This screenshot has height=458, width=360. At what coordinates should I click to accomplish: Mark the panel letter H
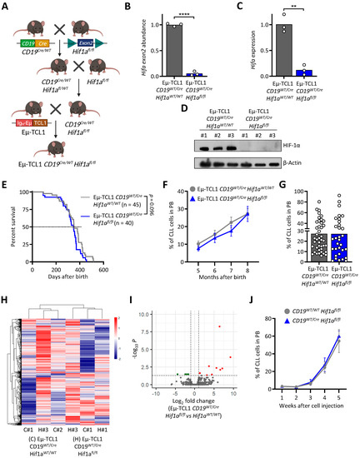point(7,306)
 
